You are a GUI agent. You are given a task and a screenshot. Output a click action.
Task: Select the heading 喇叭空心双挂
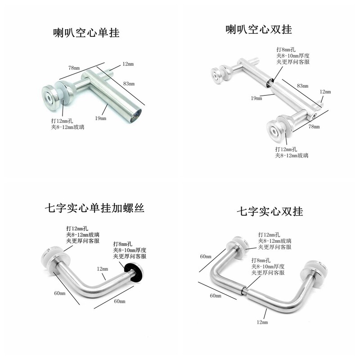click(x=259, y=30)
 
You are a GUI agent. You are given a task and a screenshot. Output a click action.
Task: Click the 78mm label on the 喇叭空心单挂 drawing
click(x=74, y=67)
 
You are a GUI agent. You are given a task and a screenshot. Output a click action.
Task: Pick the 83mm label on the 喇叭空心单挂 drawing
click(x=129, y=84)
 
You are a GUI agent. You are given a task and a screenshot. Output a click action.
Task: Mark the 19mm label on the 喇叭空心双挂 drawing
click(x=257, y=98)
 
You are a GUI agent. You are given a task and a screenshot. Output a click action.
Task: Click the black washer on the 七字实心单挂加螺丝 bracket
click(x=136, y=272)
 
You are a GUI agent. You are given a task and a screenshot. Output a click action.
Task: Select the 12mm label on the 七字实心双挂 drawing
click(x=261, y=322)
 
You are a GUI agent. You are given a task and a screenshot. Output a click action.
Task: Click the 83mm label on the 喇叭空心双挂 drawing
click(x=302, y=85)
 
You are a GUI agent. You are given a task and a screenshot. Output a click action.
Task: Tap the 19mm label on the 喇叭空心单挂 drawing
click(x=100, y=118)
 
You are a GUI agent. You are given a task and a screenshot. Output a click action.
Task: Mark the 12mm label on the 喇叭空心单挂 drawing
click(x=128, y=64)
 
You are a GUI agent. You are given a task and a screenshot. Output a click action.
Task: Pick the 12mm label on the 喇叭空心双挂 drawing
click(x=325, y=91)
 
